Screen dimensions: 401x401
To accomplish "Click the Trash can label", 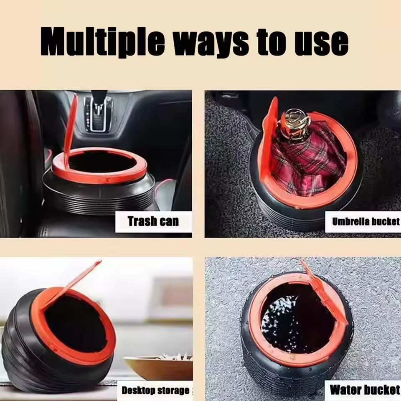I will [153, 221].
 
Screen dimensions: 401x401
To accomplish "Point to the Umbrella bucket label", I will [365, 221].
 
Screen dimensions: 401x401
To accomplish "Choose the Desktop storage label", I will [155, 391].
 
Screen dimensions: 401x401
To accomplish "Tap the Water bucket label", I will [364, 390].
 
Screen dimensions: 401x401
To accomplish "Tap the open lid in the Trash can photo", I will [70, 125].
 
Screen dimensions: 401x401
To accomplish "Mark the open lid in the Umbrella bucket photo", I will [267, 134].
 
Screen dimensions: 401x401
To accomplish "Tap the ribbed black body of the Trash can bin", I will [100, 194].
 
